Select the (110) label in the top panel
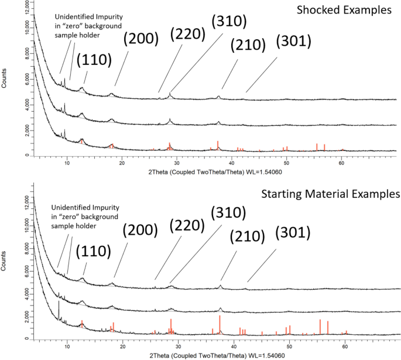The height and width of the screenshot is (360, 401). click(x=90, y=60)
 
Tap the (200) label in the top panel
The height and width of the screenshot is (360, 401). click(x=140, y=39)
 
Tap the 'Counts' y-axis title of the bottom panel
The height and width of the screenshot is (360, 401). click(x=5, y=262)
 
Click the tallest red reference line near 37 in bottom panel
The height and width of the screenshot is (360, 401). click(x=220, y=325)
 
